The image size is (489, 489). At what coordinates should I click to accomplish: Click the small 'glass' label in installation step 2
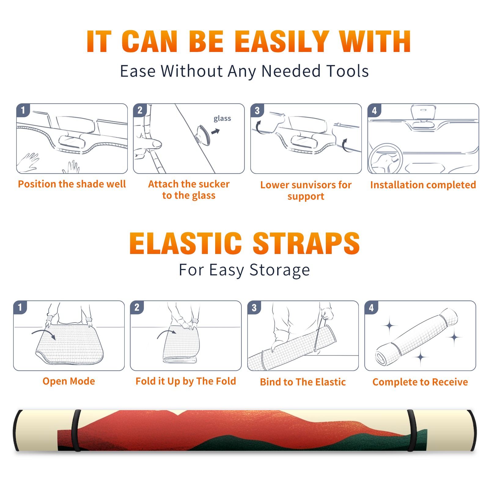pos(222,119)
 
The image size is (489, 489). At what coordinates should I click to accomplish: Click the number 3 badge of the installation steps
pos(257,110)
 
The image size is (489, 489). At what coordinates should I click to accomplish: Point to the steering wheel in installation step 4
pos(385,159)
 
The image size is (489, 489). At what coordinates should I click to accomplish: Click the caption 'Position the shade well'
pos(72,184)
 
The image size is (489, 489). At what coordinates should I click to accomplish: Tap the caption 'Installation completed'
pos(423,185)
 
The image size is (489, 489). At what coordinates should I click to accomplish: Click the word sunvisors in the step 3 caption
pos(311,185)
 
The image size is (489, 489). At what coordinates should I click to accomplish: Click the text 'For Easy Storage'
pos(244,270)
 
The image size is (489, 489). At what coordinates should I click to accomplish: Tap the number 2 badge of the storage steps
pos(137,307)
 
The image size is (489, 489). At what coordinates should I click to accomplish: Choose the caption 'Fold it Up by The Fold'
pos(186,381)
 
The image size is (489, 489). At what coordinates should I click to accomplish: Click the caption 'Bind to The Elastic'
pos(303,382)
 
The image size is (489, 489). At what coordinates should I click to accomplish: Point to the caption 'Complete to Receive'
pos(420,382)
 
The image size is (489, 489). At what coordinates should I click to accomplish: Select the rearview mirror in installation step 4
pos(423,112)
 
